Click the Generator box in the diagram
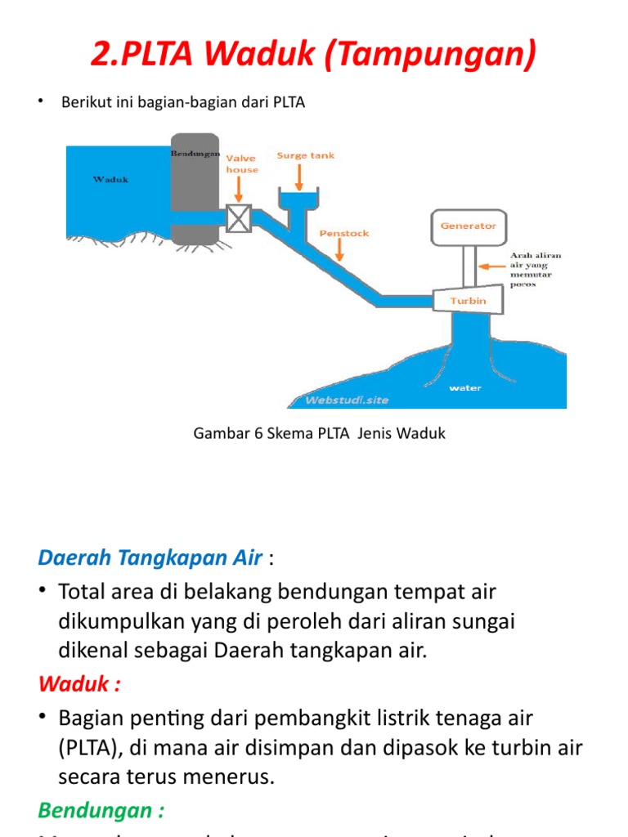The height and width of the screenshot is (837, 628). pyautogui.click(x=469, y=226)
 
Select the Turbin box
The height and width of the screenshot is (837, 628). pyautogui.click(x=468, y=301)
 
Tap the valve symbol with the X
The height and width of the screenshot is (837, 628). pyautogui.click(x=239, y=218)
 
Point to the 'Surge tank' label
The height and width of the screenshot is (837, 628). pyautogui.click(x=305, y=155)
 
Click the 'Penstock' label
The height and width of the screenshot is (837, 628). pyautogui.click(x=343, y=233)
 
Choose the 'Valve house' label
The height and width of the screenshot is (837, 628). pyautogui.click(x=241, y=163)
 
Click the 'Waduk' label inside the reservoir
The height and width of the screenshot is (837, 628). pyautogui.click(x=110, y=179)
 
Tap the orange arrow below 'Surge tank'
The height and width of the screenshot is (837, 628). pyautogui.click(x=305, y=172)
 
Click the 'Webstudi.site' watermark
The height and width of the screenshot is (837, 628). pyautogui.click(x=347, y=400)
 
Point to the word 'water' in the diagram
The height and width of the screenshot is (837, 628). pyautogui.click(x=465, y=388)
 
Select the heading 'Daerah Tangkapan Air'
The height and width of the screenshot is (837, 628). pyautogui.click(x=150, y=558)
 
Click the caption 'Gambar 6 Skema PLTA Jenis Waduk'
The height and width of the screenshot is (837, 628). pyautogui.click(x=319, y=433)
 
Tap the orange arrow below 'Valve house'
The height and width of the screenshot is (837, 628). pyautogui.click(x=238, y=190)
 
